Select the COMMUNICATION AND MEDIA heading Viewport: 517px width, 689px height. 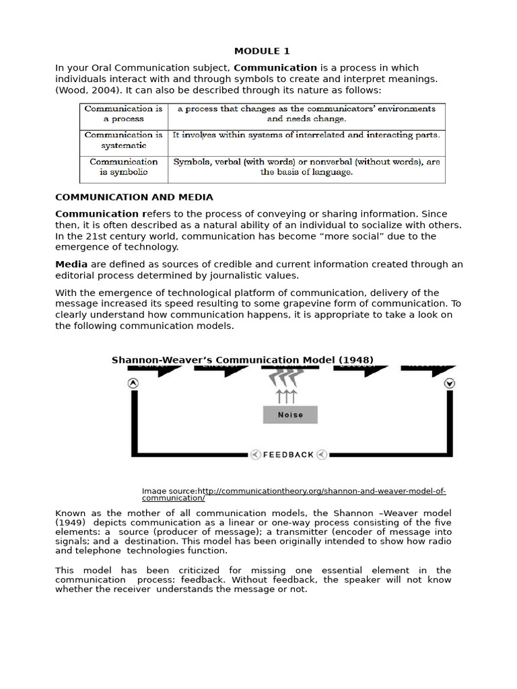click(x=134, y=197)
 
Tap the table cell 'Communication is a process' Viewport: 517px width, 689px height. click(x=123, y=114)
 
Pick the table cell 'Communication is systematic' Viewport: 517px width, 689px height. click(x=123, y=140)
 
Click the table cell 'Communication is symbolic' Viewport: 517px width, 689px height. click(x=123, y=167)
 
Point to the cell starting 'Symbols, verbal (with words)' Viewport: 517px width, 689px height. click(x=306, y=167)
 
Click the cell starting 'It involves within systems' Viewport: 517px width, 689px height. click(x=306, y=135)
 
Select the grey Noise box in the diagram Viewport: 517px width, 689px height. click(x=290, y=414)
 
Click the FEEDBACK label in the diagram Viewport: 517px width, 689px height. click(x=288, y=455)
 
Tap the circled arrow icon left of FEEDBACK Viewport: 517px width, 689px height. click(x=255, y=455)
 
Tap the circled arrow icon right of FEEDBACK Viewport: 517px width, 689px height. click(x=322, y=455)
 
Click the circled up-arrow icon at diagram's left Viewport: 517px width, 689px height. click(x=133, y=384)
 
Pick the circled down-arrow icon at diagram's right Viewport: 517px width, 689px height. click(x=450, y=384)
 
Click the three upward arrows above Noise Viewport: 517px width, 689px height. click(x=287, y=396)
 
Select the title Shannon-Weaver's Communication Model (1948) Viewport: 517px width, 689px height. click(x=242, y=360)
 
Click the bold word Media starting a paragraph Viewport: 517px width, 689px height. click(x=71, y=264)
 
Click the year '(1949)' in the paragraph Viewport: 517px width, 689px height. click(x=71, y=522)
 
